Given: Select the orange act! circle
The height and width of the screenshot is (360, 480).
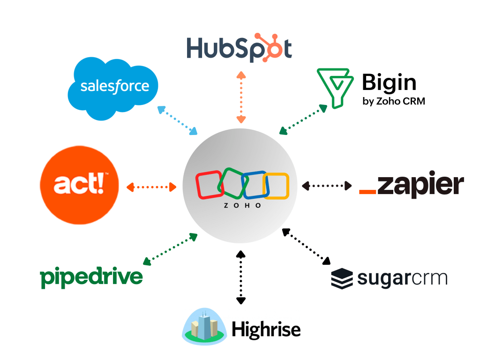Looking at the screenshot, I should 79,187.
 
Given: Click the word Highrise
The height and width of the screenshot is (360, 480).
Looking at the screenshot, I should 266,329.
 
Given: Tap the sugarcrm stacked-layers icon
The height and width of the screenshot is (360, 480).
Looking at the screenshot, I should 342,278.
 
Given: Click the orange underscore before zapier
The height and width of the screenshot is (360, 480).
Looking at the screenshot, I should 367,191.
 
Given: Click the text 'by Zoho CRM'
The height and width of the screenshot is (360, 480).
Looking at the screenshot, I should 394,101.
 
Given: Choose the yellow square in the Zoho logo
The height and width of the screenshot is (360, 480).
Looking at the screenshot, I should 276,186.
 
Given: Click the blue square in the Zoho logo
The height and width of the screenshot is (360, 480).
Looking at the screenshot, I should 253,186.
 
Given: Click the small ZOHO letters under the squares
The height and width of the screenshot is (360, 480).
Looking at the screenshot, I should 242,205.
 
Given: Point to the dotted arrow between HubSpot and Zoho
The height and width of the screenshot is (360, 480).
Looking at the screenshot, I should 240,97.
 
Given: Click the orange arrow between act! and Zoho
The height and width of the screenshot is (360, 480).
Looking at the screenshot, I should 151,187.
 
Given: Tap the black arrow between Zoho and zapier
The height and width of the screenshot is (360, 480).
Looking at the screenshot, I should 327,186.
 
